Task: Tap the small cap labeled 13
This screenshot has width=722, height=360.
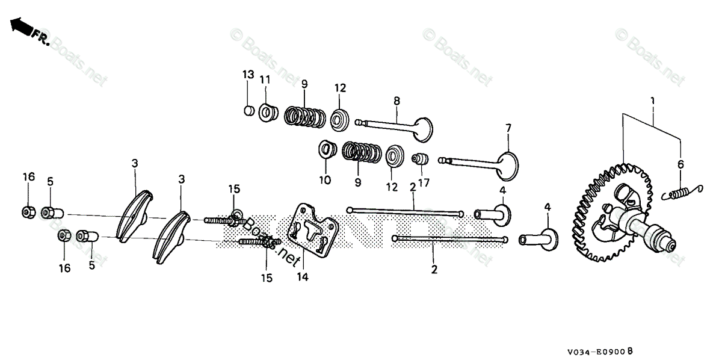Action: [x=247, y=110]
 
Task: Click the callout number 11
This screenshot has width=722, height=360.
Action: [x=265, y=79]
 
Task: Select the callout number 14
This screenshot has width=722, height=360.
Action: [x=302, y=278]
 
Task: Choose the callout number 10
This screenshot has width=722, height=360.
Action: [x=325, y=179]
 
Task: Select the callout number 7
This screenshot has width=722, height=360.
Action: [x=508, y=128]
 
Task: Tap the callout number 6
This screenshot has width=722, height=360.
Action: [x=681, y=164]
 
